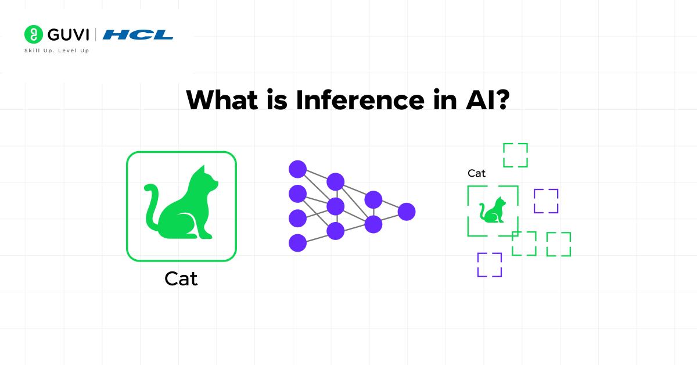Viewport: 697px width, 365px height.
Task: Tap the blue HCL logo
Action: coord(138,35)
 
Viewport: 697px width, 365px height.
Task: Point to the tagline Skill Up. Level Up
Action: coord(56,51)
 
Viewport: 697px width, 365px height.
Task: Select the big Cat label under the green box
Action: coord(181,278)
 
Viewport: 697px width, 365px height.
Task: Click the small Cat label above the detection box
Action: coord(476,173)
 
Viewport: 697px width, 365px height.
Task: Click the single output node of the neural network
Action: coord(407,212)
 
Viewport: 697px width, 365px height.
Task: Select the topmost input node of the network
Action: coord(297,169)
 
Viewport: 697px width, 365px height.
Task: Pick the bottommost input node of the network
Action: coord(297,242)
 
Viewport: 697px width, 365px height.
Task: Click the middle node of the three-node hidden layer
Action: coord(336,206)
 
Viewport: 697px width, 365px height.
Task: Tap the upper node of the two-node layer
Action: coord(373,199)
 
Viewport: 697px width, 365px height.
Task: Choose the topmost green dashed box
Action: coord(515,155)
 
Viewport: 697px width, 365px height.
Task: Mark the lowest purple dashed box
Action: coord(489,264)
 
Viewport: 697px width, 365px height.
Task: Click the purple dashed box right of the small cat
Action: coord(546,201)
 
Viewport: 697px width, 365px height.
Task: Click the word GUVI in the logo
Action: coord(68,35)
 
